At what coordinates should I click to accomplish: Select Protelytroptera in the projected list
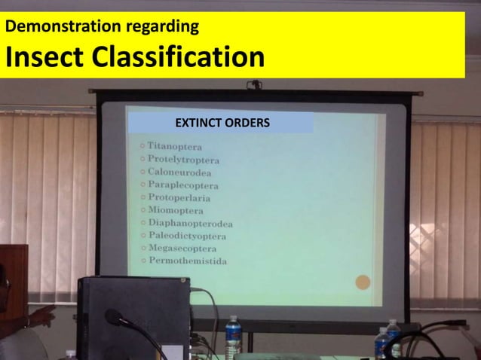coord(184,160)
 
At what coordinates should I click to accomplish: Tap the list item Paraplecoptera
coord(183,185)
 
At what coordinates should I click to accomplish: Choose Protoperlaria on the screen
coord(179,198)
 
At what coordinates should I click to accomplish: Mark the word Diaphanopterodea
coord(190,224)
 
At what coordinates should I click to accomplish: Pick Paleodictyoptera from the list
coord(187,236)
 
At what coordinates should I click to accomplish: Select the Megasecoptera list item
coord(182,249)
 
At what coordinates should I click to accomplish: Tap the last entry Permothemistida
coord(187,261)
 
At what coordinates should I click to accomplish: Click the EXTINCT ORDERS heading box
coord(220,122)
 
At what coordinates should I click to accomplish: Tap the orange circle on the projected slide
coord(363,283)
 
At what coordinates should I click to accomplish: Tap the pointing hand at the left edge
coord(41,316)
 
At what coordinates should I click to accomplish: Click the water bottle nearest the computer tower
coord(233,332)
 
